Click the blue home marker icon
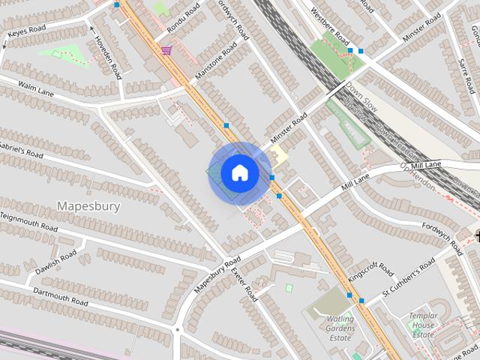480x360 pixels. (x=240, y=173)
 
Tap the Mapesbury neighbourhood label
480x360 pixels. (x=88, y=206)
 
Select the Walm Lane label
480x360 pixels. (x=35, y=90)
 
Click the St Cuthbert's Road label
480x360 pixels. (x=409, y=277)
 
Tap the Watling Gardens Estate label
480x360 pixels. (x=340, y=328)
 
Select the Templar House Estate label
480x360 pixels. (x=423, y=325)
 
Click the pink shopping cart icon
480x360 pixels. (x=166, y=50)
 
